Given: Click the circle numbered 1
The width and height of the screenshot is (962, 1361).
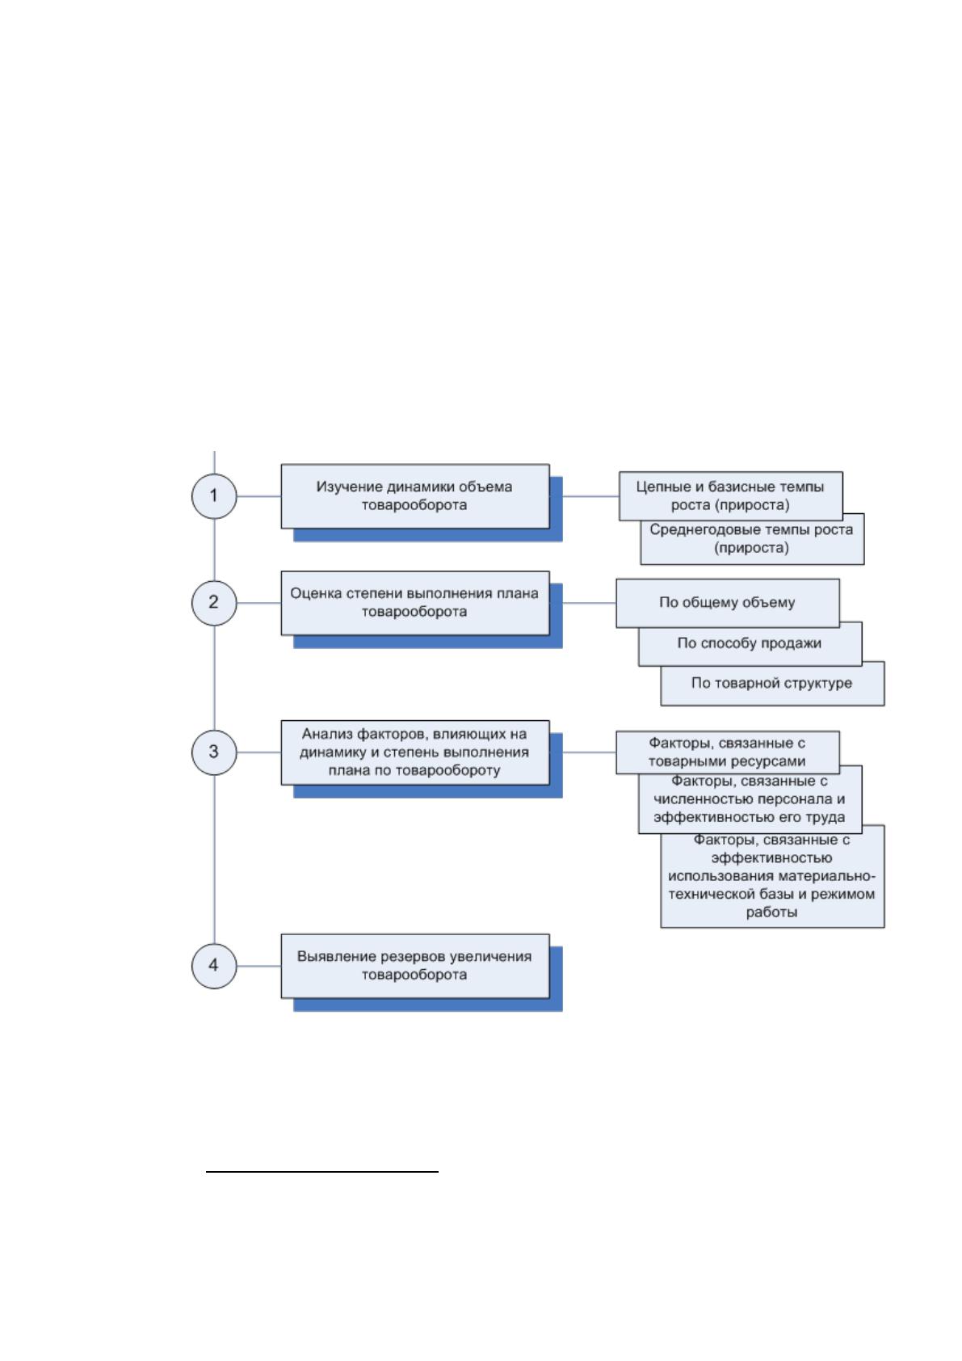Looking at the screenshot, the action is click(x=214, y=495).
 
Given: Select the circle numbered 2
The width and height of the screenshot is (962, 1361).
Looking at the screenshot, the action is click(x=214, y=603).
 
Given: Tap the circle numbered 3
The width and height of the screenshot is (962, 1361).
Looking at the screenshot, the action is click(x=214, y=752).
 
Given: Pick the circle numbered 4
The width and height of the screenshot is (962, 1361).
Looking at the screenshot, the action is click(x=214, y=966).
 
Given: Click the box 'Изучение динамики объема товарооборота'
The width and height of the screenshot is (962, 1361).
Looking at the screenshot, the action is click(x=415, y=495).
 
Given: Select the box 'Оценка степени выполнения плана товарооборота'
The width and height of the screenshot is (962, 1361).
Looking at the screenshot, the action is click(x=415, y=603).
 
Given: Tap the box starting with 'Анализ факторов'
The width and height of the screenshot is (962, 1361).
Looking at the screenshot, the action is click(x=415, y=752).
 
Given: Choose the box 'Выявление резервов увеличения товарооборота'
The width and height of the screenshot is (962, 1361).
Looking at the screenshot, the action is click(x=415, y=966).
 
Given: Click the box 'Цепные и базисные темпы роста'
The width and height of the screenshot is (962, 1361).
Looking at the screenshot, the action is click(x=731, y=495).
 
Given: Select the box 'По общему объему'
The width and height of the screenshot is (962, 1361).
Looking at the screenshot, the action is click(x=728, y=603).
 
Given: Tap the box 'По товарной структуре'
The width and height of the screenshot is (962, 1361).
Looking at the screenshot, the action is click(x=772, y=685).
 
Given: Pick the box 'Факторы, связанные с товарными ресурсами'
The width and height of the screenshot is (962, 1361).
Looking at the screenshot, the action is click(x=728, y=752).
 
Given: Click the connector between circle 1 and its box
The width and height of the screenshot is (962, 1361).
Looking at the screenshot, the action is click(x=258, y=495).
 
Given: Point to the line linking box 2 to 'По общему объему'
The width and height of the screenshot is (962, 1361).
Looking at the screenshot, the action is click(x=589, y=603).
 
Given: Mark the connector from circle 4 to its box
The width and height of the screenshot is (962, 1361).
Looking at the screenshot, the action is click(x=258, y=966).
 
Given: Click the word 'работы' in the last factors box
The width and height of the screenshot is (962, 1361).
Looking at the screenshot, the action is click(x=771, y=912).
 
